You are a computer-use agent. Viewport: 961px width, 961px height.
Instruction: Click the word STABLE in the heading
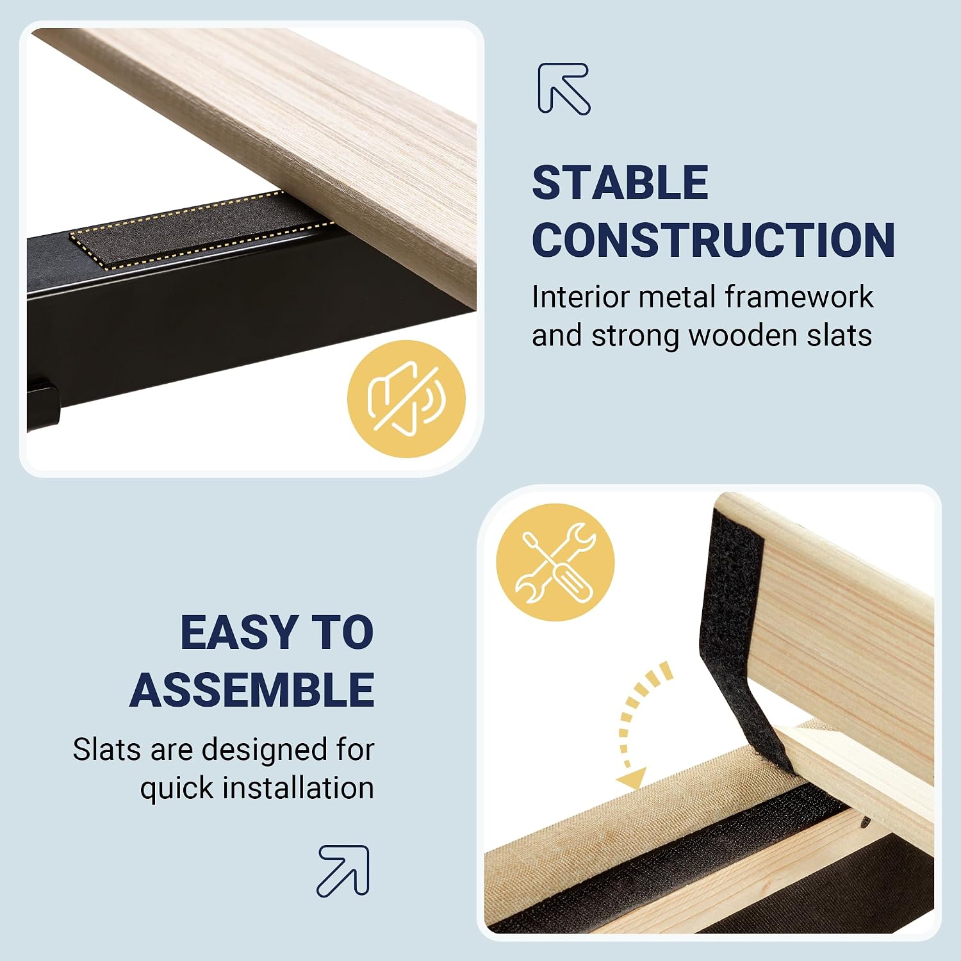click(x=620, y=183)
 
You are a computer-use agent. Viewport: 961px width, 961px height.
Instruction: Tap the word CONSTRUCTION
click(x=714, y=240)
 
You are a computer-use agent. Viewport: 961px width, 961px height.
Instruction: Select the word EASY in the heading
click(x=236, y=632)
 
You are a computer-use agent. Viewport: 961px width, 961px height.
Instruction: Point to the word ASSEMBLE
click(x=252, y=690)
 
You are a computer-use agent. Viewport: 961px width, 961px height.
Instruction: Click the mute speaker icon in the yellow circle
click(x=406, y=398)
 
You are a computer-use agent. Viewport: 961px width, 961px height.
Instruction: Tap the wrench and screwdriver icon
click(x=555, y=563)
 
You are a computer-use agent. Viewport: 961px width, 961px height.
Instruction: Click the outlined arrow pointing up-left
click(x=564, y=88)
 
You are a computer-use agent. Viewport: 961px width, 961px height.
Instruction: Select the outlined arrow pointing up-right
click(x=343, y=871)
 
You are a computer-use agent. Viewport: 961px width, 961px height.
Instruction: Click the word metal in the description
click(x=677, y=297)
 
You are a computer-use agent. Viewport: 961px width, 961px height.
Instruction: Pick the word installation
click(x=298, y=788)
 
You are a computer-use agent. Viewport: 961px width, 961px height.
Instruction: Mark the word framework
click(x=799, y=297)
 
